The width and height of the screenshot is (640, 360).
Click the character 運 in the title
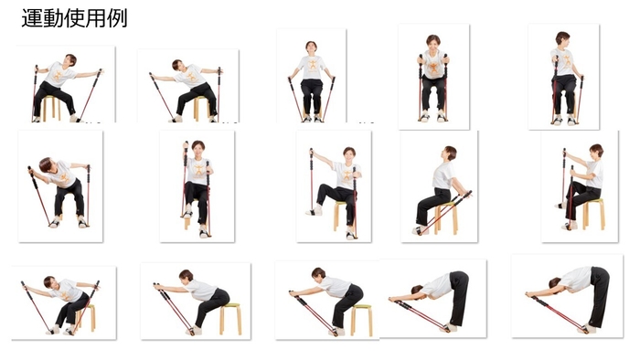(32, 19)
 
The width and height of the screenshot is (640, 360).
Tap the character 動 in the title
(53, 19)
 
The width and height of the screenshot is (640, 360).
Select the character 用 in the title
(95, 19)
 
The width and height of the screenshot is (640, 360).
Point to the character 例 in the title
(117, 19)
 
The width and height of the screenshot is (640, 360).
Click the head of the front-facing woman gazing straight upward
(311, 46)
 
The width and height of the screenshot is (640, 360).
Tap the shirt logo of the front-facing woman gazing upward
(313, 65)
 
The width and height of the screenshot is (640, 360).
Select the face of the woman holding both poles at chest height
(433, 43)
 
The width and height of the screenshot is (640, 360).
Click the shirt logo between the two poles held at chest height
(434, 68)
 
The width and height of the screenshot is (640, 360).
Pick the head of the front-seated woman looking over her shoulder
(562, 38)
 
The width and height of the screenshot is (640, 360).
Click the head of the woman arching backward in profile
(449, 154)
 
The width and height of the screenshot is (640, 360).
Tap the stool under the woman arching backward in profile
(446, 217)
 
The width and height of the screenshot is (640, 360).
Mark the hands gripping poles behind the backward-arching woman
(464, 196)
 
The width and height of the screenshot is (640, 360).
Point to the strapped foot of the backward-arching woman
(420, 231)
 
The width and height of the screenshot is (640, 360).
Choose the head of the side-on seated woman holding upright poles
(596, 152)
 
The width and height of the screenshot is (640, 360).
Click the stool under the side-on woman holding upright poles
(593, 214)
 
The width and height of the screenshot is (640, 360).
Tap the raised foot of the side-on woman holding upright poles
(560, 205)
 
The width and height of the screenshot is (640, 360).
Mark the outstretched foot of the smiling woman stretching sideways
(315, 211)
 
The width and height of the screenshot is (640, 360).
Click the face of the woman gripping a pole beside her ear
(198, 150)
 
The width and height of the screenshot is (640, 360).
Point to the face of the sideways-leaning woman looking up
(71, 61)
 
